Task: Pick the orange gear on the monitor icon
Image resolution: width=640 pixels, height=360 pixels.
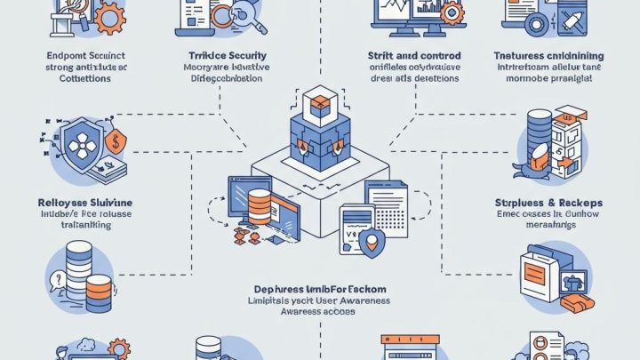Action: point(451,13)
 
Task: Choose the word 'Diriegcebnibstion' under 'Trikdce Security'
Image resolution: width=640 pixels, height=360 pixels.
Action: point(221,78)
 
